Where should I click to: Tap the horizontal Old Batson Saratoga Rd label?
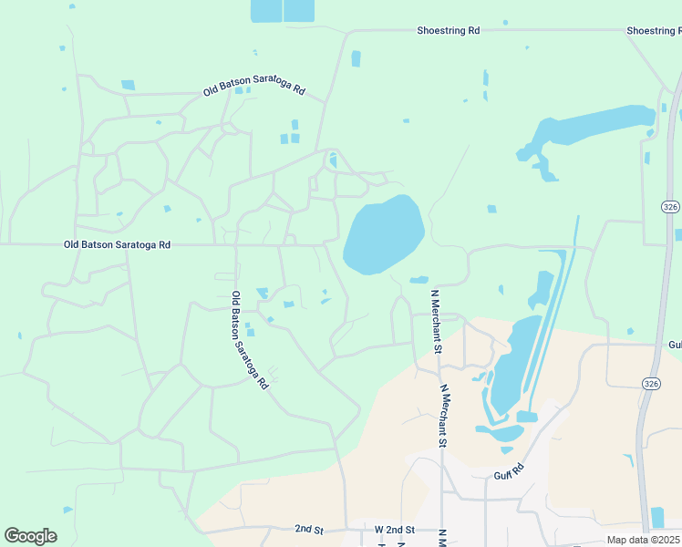(x=118, y=244)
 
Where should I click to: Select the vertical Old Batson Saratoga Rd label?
(x=248, y=340)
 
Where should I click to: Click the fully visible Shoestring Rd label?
(x=449, y=30)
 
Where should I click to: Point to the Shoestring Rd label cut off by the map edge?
(x=654, y=30)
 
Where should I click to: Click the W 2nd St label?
(x=395, y=530)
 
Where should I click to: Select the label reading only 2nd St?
(x=310, y=529)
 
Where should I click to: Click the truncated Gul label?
(x=674, y=345)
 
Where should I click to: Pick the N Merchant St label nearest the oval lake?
(x=436, y=322)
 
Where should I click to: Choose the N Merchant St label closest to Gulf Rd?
(x=444, y=416)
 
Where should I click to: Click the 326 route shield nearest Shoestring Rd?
(x=670, y=206)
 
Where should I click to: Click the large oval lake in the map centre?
(x=383, y=233)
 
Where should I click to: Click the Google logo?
(x=30, y=536)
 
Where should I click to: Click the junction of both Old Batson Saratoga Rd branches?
(x=235, y=244)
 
